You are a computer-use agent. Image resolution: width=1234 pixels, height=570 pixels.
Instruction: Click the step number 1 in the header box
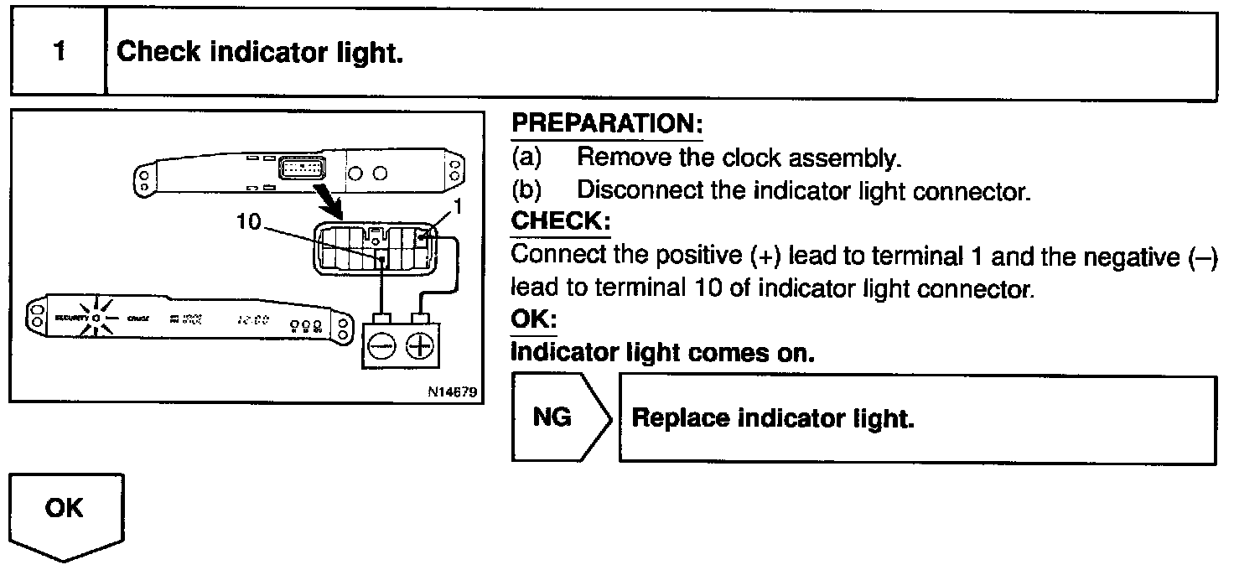tap(58, 52)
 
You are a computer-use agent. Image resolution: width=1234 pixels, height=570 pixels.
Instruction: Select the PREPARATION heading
tap(607, 124)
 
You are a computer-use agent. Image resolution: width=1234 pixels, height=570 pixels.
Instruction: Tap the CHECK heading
tap(560, 223)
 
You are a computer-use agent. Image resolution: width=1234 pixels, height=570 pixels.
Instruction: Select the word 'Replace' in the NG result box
tap(679, 418)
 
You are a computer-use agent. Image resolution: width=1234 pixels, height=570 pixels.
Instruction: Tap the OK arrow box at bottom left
tap(65, 512)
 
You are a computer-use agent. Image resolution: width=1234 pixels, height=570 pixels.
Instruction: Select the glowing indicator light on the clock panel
tap(97, 319)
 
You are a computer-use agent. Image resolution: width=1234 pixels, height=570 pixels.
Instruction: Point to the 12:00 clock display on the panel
tap(251, 319)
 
